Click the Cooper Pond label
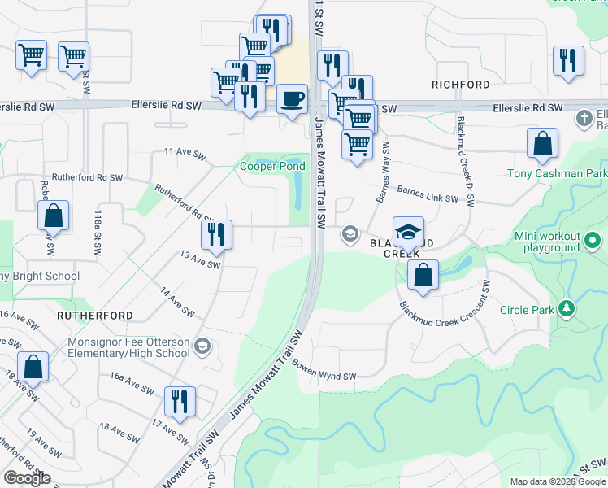coord(272,167)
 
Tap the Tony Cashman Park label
coord(557,173)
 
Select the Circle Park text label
coord(526,309)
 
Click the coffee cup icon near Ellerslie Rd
coord(292,99)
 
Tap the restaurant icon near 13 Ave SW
coord(217,234)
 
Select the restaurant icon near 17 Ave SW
coord(179,401)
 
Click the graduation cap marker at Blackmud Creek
coord(408,231)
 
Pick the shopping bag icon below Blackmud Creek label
coord(423,274)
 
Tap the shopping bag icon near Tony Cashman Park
coord(542,143)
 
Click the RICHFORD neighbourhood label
coord(461,85)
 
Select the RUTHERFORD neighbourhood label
coord(95,315)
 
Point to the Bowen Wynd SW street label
coord(325,372)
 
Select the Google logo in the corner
coord(27,478)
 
